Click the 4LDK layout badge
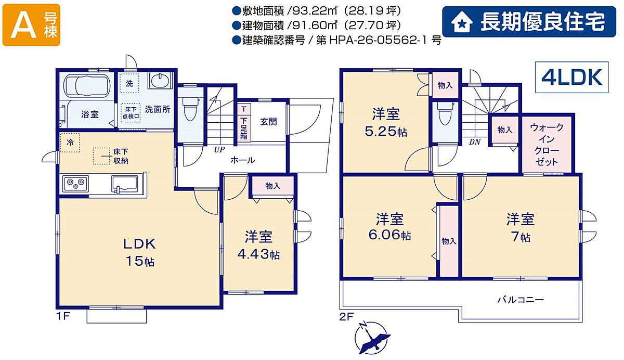coord(571,77)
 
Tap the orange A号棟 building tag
coord(31,25)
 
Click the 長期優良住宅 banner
coord(529,22)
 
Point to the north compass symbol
coord(372,337)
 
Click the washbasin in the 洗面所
coord(160,81)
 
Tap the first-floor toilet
coord(190,108)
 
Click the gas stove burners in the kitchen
coord(75,184)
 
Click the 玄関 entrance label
coord(268,122)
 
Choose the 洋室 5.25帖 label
coord(386,123)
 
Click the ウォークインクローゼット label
coord(547,144)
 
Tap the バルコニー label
coord(521,300)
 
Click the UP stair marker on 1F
coord(219,150)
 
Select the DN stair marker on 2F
coord(475,142)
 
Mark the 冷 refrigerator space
coord(70,143)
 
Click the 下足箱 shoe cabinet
coord(244,123)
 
